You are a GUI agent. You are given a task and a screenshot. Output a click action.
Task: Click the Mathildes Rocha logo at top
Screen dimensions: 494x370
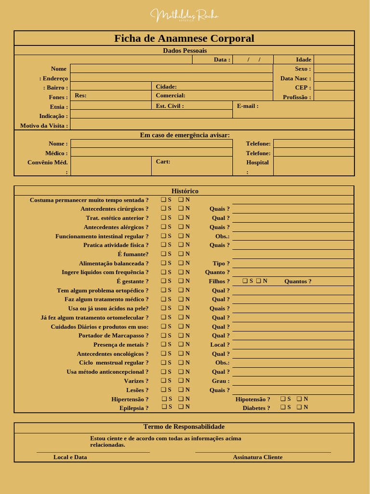tap(185, 15)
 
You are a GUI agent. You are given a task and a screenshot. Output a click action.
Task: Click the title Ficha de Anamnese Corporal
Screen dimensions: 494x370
tap(184, 39)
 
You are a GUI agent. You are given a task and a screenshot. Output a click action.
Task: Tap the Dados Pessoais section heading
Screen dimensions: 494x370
tap(185, 50)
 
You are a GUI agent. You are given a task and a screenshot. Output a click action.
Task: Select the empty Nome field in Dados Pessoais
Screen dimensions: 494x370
tap(171, 69)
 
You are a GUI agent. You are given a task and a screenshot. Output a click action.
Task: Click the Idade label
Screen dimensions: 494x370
tap(304, 60)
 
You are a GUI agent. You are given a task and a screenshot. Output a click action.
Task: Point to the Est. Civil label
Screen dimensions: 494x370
tap(170, 106)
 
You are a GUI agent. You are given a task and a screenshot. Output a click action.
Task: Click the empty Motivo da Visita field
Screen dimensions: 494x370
tap(212, 125)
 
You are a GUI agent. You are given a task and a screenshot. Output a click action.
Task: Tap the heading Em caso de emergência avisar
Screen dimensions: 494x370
tap(185, 135)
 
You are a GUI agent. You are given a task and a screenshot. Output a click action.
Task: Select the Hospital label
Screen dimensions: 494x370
tap(257, 163)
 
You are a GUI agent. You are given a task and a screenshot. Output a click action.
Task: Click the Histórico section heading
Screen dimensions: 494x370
tap(185, 191)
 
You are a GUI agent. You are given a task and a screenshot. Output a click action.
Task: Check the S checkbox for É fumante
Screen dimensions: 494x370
tap(163, 254)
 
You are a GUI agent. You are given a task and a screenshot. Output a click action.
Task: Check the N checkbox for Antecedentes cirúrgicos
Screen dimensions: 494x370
tap(181, 208)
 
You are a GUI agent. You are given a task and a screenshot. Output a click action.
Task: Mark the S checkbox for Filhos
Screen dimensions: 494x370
tap(245, 281)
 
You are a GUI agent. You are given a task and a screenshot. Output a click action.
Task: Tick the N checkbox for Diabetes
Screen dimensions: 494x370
tap(299, 407)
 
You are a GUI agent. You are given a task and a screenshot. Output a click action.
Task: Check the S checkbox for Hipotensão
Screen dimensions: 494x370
tap(283, 399)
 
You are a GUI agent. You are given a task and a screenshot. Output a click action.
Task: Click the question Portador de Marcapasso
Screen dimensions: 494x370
tap(113, 336)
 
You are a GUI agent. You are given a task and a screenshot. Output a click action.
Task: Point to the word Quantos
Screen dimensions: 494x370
tap(298, 281)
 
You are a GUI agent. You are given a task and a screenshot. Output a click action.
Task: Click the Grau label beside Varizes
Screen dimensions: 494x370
tap(221, 381)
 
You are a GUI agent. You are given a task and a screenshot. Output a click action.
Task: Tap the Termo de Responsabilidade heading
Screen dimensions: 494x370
tap(184, 427)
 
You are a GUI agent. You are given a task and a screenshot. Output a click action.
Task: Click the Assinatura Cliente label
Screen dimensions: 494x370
tap(258, 457)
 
